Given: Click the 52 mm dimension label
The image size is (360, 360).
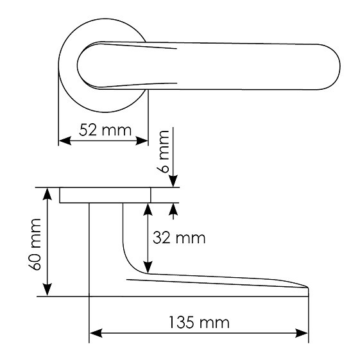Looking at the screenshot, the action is [105, 130].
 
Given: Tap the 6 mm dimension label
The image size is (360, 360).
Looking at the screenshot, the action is [163, 151].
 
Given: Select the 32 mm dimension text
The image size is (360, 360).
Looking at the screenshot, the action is [179, 237].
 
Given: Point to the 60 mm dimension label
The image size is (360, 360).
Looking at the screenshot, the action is [35, 244].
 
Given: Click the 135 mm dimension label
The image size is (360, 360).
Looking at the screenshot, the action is [200, 322].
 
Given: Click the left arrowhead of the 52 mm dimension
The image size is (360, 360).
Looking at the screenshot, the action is [65, 141].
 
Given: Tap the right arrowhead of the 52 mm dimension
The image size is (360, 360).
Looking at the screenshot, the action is [142, 141].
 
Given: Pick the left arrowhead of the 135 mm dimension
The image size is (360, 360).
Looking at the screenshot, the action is [96, 333].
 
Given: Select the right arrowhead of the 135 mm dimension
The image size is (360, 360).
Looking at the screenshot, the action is [302, 333].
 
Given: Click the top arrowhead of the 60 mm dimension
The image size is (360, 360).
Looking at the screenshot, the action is [47, 194].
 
